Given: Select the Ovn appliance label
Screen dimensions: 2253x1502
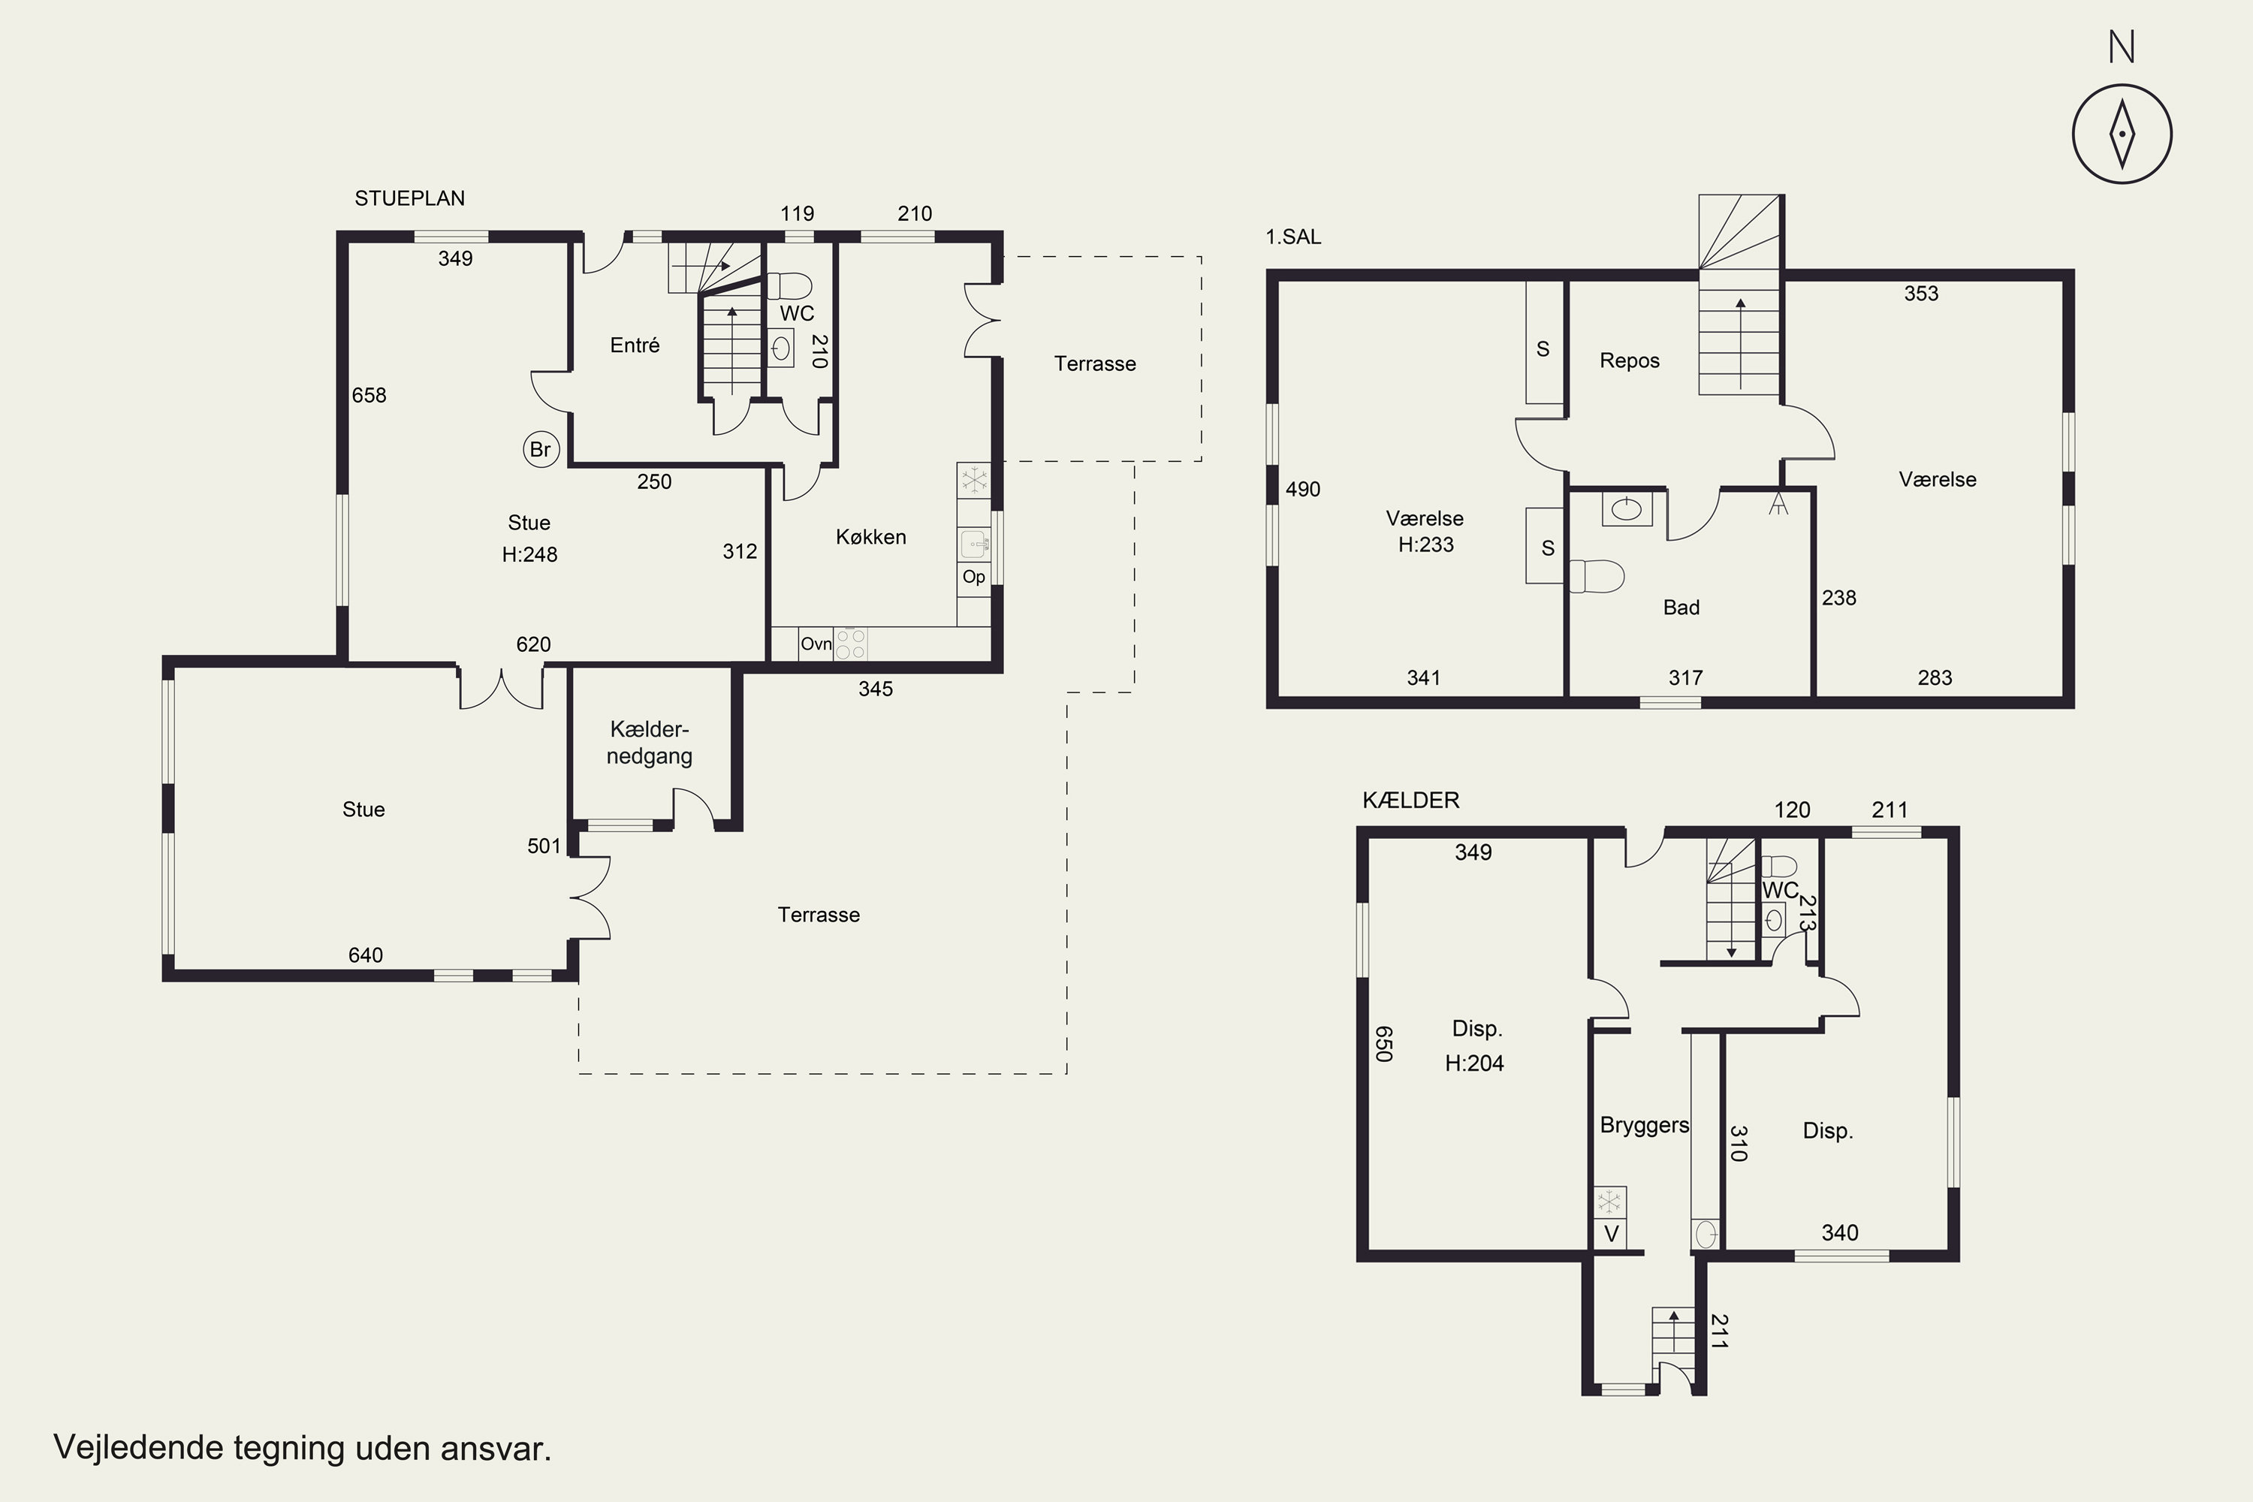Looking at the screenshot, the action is [x=816, y=644].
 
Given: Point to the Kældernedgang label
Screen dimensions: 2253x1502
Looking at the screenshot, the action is [x=650, y=743].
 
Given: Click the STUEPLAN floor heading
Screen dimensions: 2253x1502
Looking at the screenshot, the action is [x=410, y=198].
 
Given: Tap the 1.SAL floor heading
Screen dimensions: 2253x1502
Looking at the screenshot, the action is [x=1293, y=237].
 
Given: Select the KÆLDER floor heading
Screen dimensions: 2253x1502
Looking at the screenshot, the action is [x=1411, y=800].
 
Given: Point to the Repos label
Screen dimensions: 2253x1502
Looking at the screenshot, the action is [x=1630, y=361].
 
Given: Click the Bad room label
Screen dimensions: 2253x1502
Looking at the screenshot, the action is [x=1681, y=608].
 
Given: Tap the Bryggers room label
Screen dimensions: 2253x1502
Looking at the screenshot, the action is [x=1644, y=1126].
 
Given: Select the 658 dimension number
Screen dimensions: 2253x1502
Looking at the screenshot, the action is [x=369, y=395].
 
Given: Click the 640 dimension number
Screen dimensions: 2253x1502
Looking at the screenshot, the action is [x=365, y=955].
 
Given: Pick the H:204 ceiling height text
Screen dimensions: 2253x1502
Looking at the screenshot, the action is [x=1474, y=1063].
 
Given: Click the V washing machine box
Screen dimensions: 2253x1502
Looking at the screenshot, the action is [x=1610, y=1234].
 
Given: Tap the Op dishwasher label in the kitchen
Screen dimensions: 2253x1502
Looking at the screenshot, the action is [x=973, y=577].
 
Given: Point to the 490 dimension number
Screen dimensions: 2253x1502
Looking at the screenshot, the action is [x=1303, y=490].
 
